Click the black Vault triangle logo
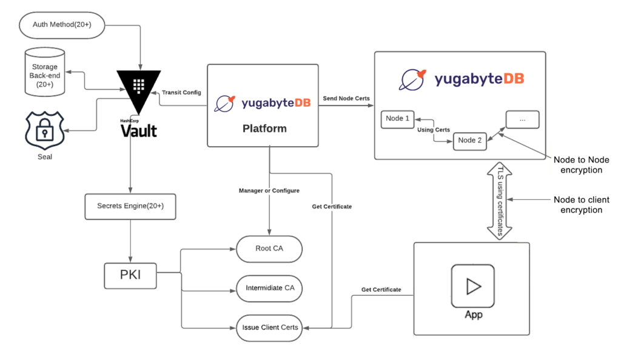click(x=139, y=85)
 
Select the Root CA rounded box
click(x=269, y=248)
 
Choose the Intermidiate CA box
click(x=269, y=287)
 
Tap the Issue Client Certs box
click(x=269, y=327)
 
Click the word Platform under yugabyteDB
click(x=264, y=128)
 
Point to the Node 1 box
click(x=398, y=119)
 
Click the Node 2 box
click(x=469, y=141)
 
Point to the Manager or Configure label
click(x=269, y=190)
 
